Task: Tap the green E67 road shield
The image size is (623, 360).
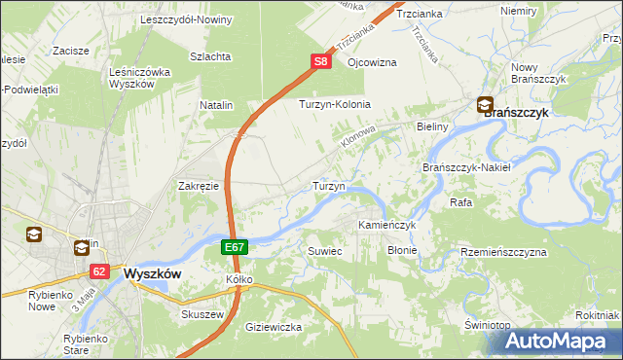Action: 234,248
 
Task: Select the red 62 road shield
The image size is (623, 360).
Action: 99,272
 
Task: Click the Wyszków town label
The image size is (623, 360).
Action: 153,274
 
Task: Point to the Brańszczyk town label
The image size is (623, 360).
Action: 516,113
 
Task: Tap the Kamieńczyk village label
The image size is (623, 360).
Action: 387,225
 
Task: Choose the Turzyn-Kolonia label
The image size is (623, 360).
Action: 335,104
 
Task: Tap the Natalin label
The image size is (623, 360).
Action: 217,103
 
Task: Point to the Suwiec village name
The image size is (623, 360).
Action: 325,251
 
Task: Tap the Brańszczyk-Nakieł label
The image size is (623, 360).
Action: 467,167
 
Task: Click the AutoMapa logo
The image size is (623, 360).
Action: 557,341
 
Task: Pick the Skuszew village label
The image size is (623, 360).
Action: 203,315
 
